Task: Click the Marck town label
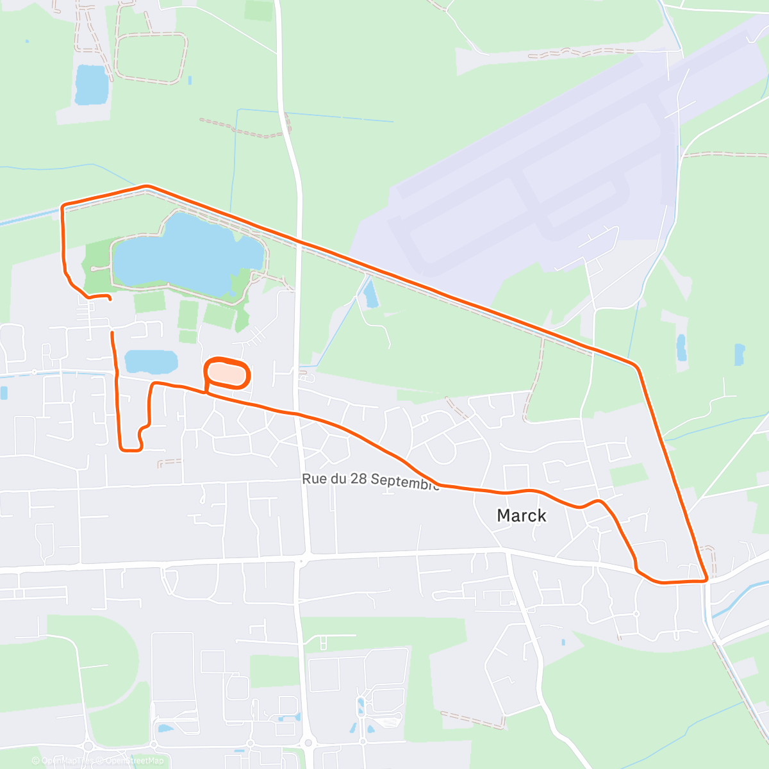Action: click(522, 515)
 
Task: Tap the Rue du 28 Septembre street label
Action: click(370, 481)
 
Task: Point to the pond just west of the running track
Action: click(151, 361)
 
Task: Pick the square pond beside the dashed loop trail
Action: click(91, 84)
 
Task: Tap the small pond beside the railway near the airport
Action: click(370, 294)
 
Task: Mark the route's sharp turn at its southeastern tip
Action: click(706, 579)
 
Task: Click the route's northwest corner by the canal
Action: click(62, 206)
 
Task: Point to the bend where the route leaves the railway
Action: click(635, 366)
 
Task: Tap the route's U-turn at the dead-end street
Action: click(131, 449)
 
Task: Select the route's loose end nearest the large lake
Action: click(110, 299)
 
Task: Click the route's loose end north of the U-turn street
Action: click(113, 333)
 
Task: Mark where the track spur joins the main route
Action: click(206, 392)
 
